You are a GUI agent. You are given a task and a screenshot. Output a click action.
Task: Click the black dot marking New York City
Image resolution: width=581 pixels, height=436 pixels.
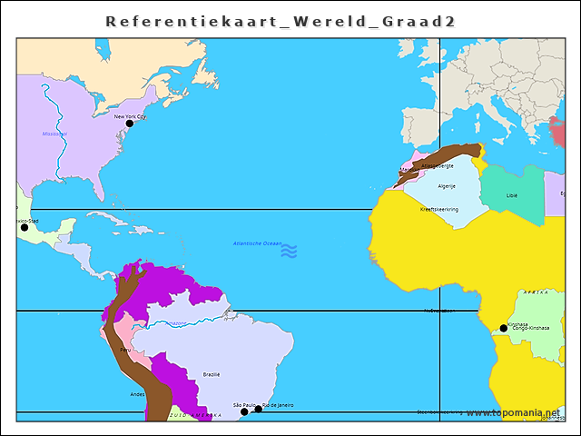(x=129, y=124)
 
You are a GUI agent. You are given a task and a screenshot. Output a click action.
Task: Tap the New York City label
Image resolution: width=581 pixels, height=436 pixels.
(x=130, y=116)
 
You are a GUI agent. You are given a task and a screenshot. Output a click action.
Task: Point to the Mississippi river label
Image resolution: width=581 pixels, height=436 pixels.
(x=54, y=134)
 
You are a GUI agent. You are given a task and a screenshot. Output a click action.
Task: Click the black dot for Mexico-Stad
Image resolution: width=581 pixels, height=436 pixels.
(x=25, y=227)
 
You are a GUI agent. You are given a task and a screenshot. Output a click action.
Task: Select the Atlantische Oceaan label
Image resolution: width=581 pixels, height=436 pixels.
(x=257, y=243)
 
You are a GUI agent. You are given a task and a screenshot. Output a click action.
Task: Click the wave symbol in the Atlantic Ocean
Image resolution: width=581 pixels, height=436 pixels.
(x=289, y=251)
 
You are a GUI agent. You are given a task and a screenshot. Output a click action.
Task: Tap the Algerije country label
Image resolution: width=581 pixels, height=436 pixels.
(x=447, y=186)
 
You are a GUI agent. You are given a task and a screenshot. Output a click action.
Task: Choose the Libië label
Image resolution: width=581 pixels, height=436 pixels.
(x=512, y=195)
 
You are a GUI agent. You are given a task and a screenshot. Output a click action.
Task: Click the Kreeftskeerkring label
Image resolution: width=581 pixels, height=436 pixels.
(x=439, y=209)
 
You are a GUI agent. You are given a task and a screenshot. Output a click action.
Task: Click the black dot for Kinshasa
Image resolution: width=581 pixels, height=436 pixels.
(x=504, y=328)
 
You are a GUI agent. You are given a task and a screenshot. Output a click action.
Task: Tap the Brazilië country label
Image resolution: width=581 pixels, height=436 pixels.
(x=212, y=373)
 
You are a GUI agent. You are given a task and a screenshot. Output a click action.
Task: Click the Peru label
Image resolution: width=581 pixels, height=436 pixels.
(x=125, y=350)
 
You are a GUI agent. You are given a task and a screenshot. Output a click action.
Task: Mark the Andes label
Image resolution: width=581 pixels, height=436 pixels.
(x=137, y=394)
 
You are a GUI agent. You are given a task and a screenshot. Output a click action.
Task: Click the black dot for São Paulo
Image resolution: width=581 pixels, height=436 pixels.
(x=244, y=411)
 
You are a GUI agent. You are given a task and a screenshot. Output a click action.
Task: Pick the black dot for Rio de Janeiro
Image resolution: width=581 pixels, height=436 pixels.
(x=258, y=409)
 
